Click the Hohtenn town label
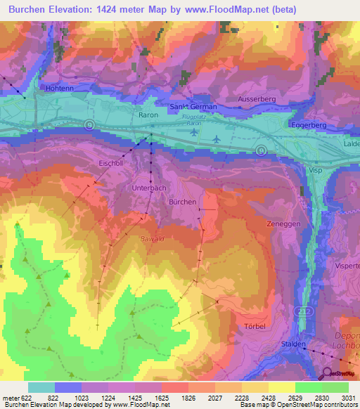pos(59,89)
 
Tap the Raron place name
pos(148,114)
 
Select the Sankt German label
pos(194,107)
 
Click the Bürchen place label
pos(182,201)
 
